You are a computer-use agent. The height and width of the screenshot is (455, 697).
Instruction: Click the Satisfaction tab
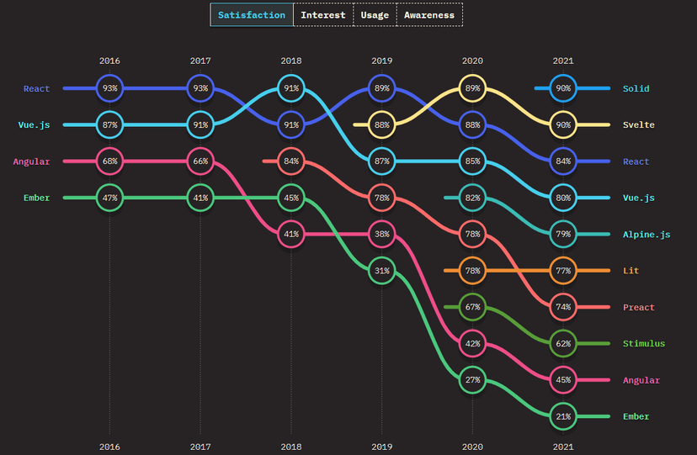coord(252,15)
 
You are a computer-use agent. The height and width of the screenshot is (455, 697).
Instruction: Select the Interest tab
coord(323,15)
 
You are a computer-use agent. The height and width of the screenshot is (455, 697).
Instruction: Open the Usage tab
coord(375,15)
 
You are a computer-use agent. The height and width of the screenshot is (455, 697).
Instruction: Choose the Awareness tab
coord(429,15)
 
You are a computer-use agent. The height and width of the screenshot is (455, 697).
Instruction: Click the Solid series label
coord(636,88)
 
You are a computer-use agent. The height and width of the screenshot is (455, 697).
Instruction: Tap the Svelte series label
coord(638,125)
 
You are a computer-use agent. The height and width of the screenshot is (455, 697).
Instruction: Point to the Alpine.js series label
coord(647,234)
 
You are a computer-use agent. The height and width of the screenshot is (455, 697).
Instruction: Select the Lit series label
coord(630,271)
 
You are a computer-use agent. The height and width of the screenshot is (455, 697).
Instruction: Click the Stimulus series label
coord(643,343)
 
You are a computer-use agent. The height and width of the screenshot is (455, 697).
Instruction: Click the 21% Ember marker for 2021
coord(563,416)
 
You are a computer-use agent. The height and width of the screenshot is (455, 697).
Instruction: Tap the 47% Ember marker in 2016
coord(109,198)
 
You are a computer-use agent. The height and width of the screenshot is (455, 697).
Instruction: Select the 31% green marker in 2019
coord(382,271)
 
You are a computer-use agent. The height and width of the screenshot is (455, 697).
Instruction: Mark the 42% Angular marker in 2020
coord(472,343)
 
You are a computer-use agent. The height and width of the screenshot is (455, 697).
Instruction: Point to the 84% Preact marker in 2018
coord(291,161)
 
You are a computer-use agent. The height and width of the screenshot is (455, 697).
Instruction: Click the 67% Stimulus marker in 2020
coord(472,307)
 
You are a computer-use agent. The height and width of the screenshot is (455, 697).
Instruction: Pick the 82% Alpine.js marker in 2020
coord(472,198)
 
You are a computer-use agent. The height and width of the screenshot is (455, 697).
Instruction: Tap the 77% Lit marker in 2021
coord(563,271)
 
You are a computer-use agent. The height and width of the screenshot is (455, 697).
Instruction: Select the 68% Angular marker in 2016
coord(109,161)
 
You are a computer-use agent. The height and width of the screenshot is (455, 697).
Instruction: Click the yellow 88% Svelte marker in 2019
coord(382,125)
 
